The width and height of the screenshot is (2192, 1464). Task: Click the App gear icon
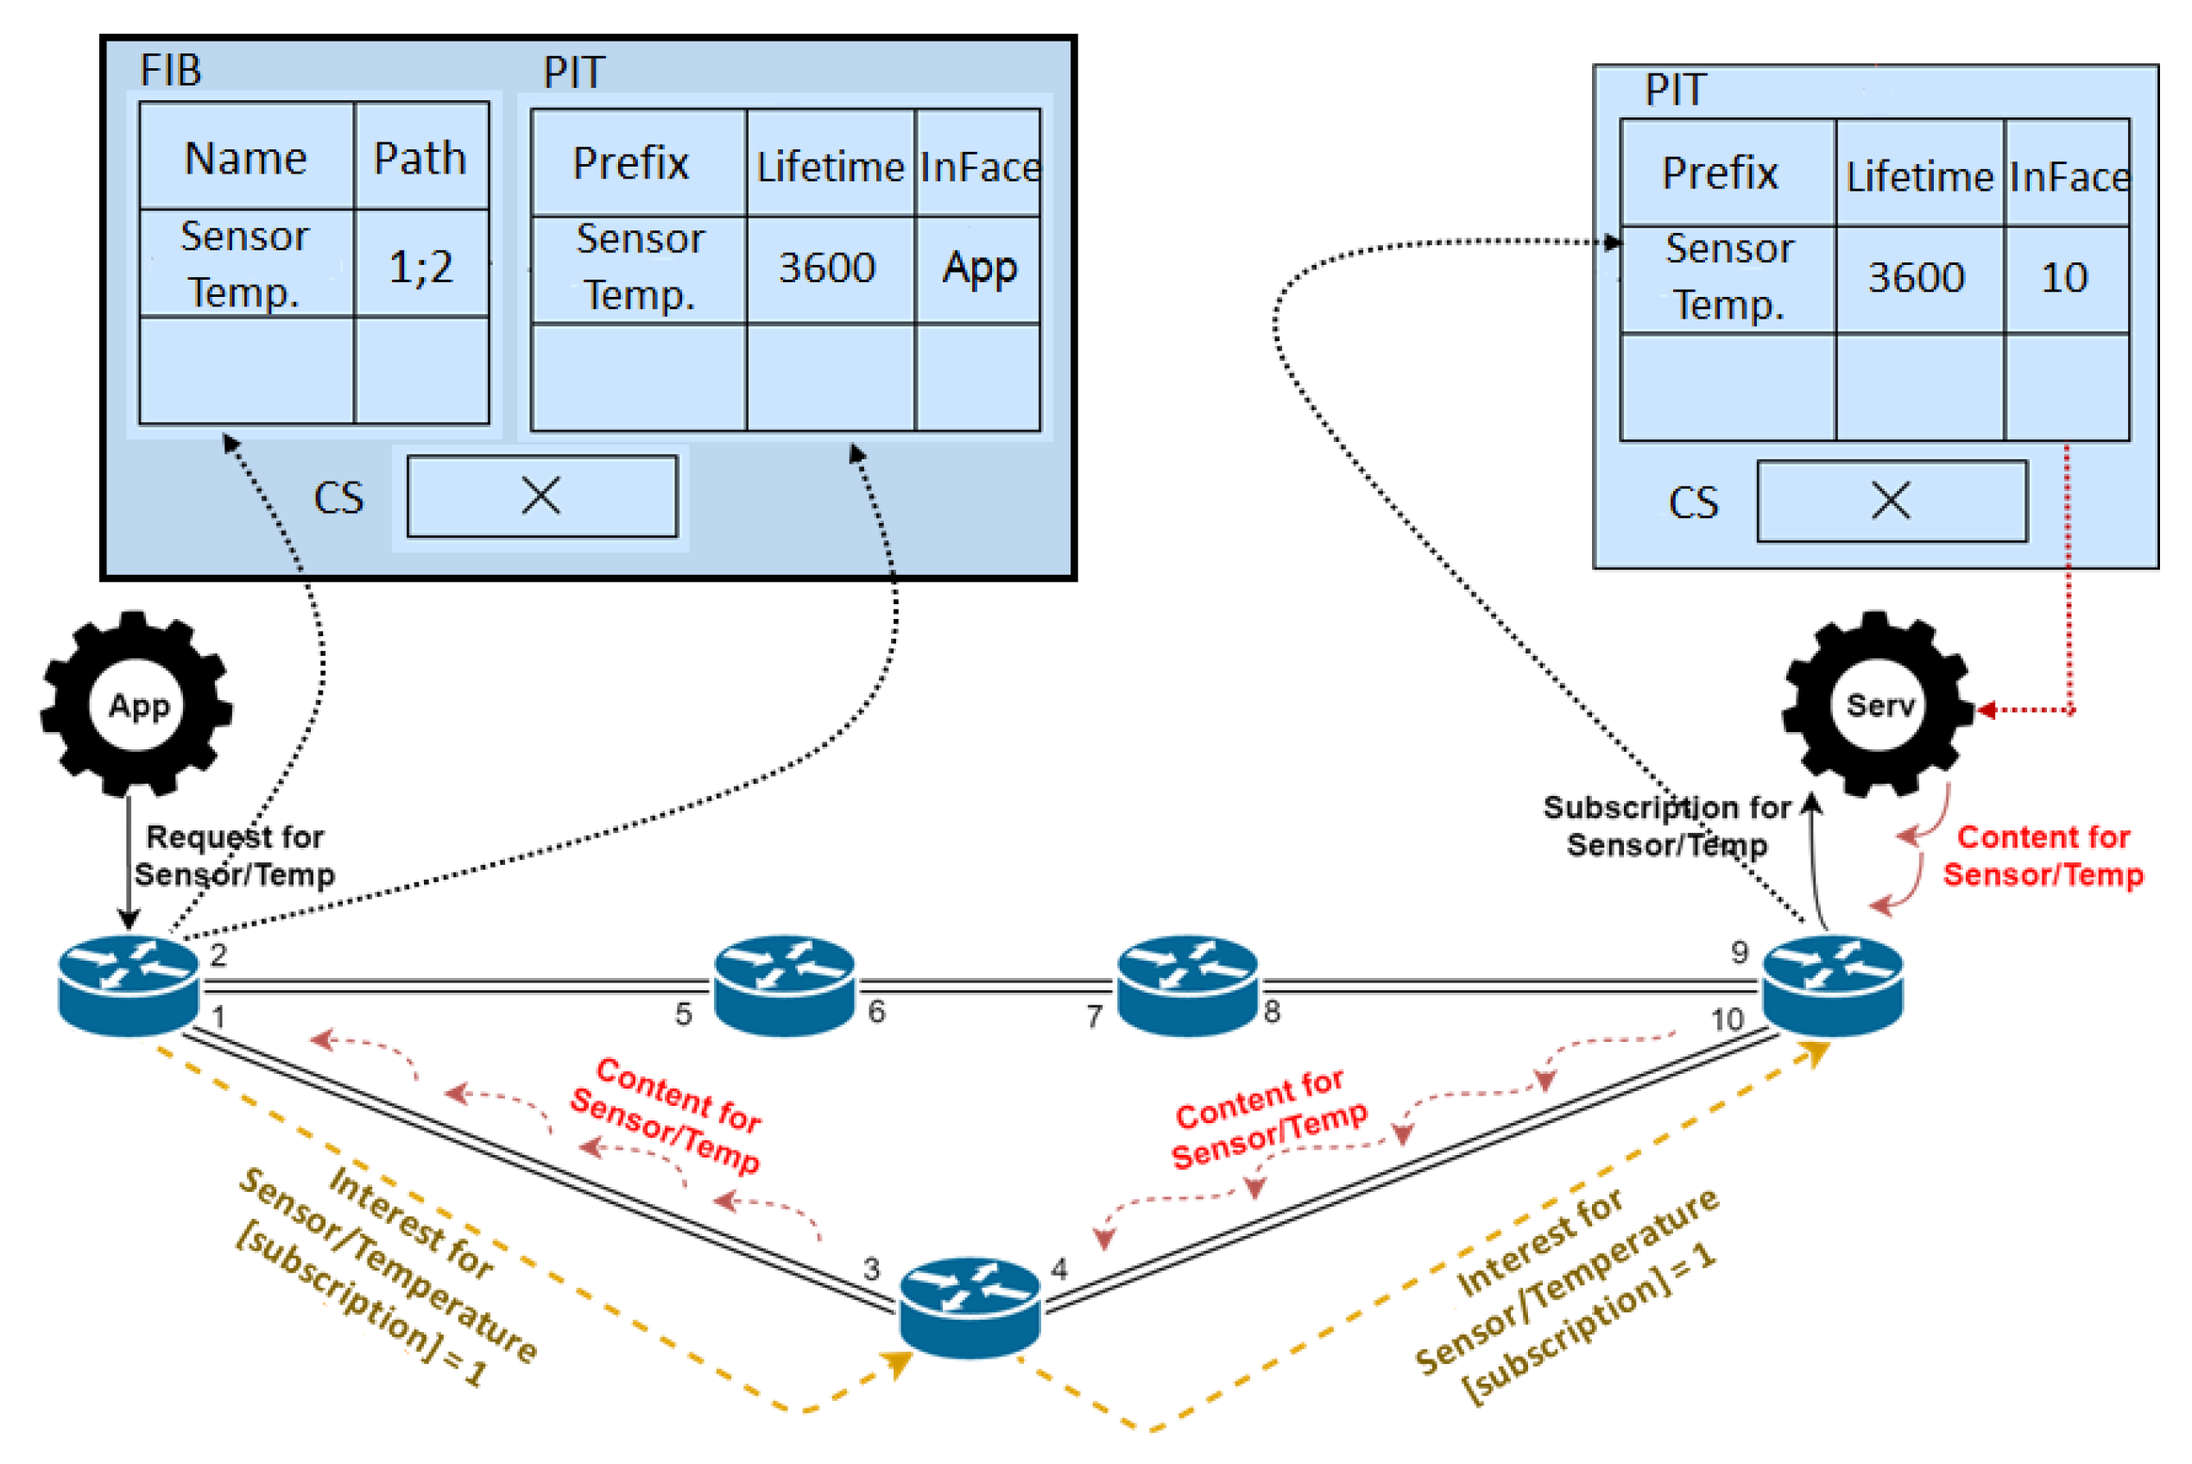tap(137, 705)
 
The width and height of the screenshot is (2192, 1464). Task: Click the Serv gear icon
tap(1879, 705)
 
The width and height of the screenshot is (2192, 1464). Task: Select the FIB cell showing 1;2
tap(421, 266)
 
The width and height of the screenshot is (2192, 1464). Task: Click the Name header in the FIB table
tap(245, 158)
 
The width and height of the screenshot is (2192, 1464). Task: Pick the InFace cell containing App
tap(978, 269)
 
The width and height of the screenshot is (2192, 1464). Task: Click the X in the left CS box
tap(540, 495)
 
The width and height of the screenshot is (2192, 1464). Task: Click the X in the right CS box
tap(1891, 502)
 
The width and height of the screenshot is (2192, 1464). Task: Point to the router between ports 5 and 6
tap(784, 985)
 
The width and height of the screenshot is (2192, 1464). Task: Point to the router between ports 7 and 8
tap(1187, 985)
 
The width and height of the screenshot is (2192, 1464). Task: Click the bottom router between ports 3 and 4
tap(970, 1307)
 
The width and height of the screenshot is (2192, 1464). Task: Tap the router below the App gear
tap(128, 985)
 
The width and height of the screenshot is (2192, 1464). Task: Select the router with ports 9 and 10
tap(1833, 985)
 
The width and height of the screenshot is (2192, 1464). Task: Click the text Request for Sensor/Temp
tap(233, 855)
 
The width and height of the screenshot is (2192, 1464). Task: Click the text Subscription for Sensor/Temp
tap(1666, 826)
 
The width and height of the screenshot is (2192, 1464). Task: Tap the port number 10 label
tap(1727, 1019)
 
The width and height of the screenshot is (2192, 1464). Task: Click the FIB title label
tap(171, 71)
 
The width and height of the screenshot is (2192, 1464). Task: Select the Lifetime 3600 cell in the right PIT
tap(1916, 278)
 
